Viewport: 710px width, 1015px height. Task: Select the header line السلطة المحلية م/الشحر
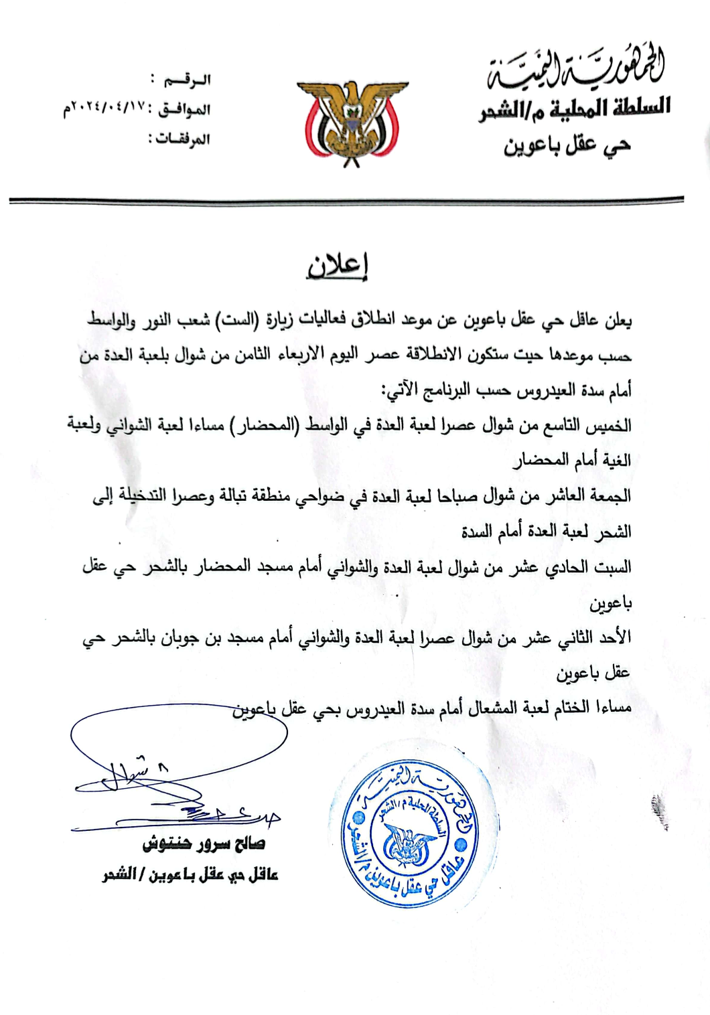pos(575,108)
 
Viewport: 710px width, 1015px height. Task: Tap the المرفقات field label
pos(179,139)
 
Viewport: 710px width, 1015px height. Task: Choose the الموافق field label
pos(184,109)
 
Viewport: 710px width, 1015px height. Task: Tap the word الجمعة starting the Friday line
pos(608,496)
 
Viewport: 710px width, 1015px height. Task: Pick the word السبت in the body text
pos(612,568)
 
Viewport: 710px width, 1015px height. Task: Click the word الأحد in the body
pos(615,637)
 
